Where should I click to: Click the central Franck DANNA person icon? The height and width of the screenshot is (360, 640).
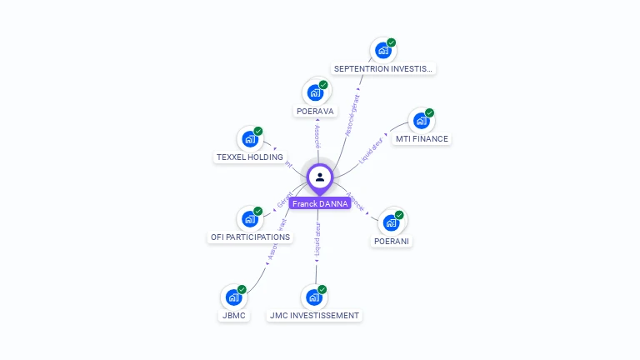point(320,177)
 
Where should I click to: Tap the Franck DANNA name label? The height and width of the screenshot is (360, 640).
point(320,203)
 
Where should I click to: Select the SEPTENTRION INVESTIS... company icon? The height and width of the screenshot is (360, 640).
point(382,51)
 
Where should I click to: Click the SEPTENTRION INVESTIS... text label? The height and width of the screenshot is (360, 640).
point(383,69)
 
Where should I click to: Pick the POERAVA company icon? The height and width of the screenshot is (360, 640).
point(315,92)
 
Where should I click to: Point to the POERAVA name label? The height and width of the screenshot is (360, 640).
point(315,111)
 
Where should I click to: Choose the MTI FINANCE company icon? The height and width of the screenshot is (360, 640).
point(421,121)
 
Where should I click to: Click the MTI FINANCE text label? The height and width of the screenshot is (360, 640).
point(422,139)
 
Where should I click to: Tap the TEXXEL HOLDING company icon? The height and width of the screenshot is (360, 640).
point(249,139)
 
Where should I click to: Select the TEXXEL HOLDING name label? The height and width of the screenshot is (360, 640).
point(250,157)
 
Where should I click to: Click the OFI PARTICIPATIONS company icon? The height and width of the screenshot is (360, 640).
point(249,219)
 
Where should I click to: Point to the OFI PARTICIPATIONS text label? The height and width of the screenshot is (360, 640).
point(250,237)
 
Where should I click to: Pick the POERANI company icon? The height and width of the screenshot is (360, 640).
point(391,222)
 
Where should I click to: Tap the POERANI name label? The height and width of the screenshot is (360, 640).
point(392,241)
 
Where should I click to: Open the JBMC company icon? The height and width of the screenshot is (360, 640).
point(233,297)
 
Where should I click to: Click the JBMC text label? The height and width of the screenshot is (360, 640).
point(233,316)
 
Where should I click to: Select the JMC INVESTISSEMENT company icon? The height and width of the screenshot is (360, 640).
point(314,297)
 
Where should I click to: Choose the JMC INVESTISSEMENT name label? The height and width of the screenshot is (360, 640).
point(315,316)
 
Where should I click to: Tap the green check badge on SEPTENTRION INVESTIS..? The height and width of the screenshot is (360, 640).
point(391,42)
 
